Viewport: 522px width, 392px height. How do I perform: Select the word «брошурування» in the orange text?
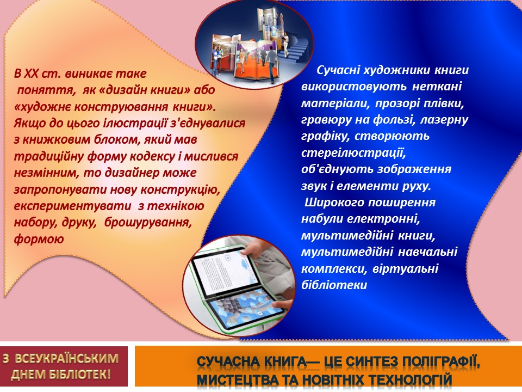[148, 222]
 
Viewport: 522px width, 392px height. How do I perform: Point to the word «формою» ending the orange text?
[39, 240]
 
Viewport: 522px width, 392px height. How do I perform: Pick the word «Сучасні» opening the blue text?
[337, 70]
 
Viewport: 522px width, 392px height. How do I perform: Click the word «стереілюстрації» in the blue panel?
[353, 153]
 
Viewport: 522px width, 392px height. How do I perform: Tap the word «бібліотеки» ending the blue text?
[334, 285]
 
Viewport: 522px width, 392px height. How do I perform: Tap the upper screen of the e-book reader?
[222, 273]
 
